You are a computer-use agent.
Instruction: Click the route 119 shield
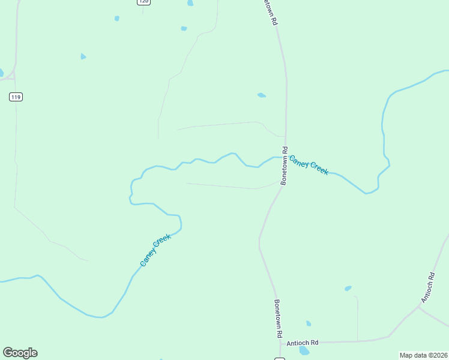coord(16,97)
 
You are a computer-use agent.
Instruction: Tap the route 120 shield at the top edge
coord(143,2)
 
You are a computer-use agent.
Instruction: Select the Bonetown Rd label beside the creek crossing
coord(285,166)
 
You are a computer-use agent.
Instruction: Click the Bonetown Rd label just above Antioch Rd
coord(278,319)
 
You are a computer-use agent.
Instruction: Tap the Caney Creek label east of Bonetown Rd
coord(309,164)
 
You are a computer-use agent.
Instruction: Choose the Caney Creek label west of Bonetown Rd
coord(155,250)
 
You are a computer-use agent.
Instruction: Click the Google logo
coord(20,353)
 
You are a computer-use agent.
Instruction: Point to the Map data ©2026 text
coord(424,355)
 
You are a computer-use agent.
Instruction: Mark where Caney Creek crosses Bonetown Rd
coord(285,158)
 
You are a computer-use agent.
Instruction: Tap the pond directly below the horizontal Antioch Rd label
coord(304,350)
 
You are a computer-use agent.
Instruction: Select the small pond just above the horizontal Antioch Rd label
coord(309,323)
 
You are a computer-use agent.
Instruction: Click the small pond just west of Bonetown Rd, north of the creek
coord(261,95)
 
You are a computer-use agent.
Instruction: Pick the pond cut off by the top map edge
coord(190,2)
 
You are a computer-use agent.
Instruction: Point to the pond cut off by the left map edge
coord(1,73)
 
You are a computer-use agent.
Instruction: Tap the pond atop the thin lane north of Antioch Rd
coord(348,289)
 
